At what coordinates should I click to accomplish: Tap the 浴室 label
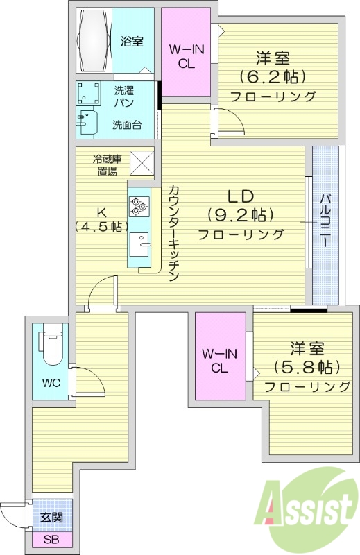coord(132,42)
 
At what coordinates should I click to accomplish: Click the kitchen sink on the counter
coord(141,244)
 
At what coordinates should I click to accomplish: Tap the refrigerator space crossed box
coord(142,164)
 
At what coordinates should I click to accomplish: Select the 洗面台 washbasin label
coord(127,125)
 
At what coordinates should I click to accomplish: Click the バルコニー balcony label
coord(324,225)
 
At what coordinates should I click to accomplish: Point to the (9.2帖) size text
coord(240,214)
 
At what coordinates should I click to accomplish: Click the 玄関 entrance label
coord(52,518)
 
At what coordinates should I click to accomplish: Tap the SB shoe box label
coord(51,540)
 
